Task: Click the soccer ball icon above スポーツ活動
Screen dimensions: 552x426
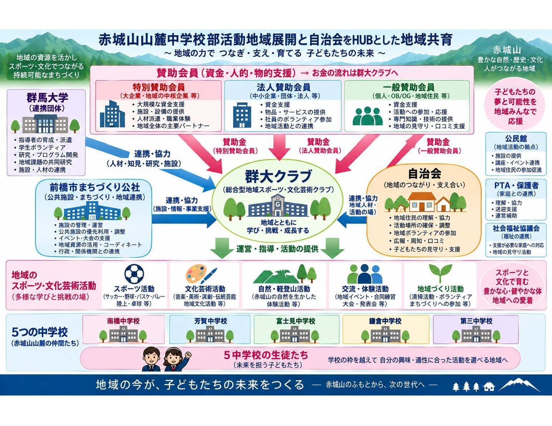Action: tap(134, 274)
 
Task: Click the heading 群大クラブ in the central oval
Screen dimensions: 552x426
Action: tap(278, 176)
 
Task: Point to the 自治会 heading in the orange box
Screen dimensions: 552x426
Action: tap(424, 174)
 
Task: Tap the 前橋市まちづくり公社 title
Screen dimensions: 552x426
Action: tap(95, 187)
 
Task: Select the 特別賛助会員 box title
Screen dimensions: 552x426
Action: tap(159, 87)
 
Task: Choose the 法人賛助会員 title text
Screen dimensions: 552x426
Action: tap(284, 87)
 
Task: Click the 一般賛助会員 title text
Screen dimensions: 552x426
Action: tap(409, 87)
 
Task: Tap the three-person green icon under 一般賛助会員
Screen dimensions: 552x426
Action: tap(368, 116)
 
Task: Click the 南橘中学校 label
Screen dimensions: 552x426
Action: tap(123, 321)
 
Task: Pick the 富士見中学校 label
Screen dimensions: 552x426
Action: tap(296, 321)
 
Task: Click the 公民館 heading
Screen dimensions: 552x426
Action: tap(516, 139)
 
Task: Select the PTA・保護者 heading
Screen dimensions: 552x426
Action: tap(516, 185)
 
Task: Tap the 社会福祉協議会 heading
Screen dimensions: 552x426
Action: tap(516, 228)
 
